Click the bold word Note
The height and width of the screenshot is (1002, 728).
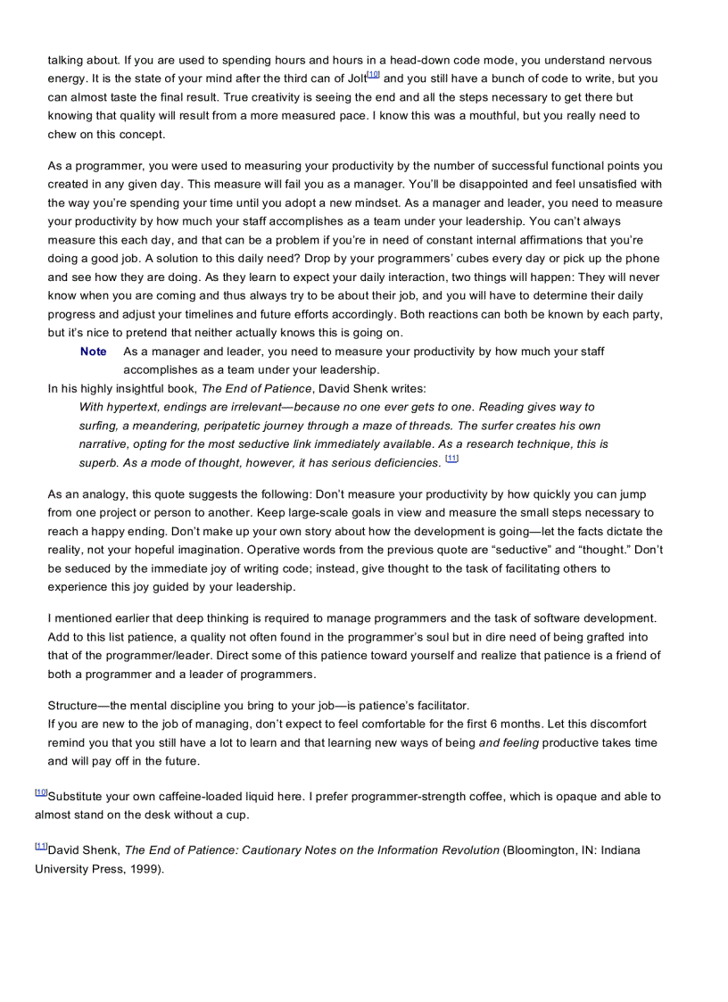pyautogui.click(x=93, y=352)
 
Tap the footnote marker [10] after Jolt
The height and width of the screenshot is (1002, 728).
pyautogui.click(x=373, y=75)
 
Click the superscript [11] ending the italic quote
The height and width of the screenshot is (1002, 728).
pyautogui.click(x=451, y=459)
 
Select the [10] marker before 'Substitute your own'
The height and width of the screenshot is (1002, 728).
pyautogui.click(x=41, y=792)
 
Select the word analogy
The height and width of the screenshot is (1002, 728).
pyautogui.click(x=94, y=493)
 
